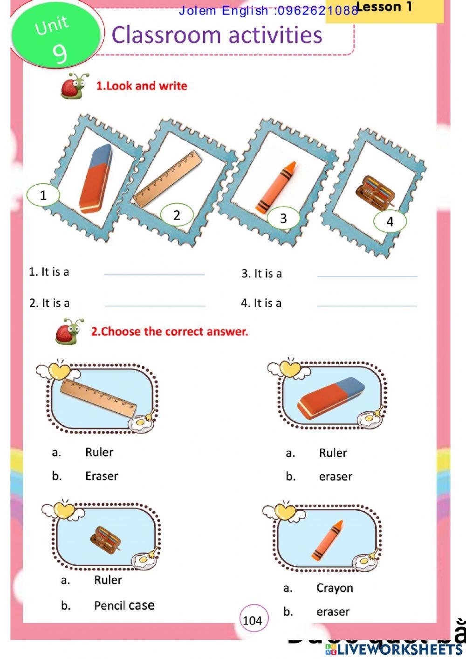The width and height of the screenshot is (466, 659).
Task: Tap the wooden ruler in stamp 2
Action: coord(168,179)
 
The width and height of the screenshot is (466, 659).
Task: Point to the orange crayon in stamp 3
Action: coord(275,187)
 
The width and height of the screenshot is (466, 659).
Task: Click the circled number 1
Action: coord(43,195)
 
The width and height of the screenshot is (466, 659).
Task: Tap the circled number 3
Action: coord(283,218)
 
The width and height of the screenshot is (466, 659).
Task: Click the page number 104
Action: coord(253,620)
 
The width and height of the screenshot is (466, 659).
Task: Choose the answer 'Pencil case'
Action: coord(124,605)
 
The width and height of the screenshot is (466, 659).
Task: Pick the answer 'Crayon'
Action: coord(335,588)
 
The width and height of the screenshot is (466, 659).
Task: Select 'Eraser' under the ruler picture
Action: coord(102,476)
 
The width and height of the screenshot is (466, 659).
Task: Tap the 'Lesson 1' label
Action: coord(384,7)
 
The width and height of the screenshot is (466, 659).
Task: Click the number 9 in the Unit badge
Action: coord(60,52)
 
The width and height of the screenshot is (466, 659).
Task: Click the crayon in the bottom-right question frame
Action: coord(328,540)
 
